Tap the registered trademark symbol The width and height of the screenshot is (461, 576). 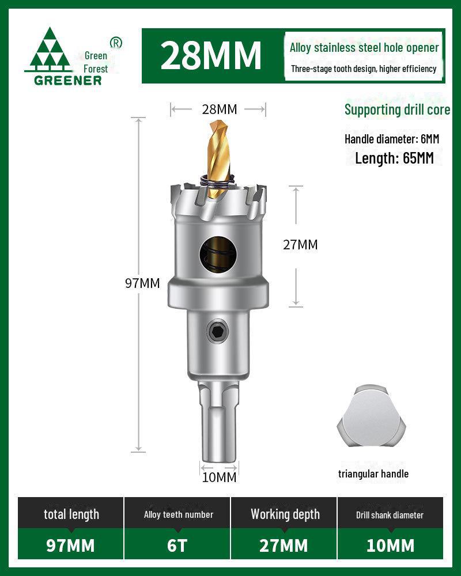pos(116,42)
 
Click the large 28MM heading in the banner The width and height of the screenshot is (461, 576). pos(211,55)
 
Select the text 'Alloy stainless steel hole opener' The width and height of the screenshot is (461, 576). pos(364,48)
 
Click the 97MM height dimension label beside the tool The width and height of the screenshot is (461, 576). pos(142,283)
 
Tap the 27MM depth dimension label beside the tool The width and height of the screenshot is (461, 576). pos(300,244)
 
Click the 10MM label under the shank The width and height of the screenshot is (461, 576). pos(218,477)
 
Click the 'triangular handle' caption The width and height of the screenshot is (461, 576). pos(373,473)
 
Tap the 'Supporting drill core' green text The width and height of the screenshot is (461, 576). pos(397,109)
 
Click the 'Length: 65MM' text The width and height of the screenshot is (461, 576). pos(394,158)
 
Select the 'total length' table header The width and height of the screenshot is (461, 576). pos(71,514)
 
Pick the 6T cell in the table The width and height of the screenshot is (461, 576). pos(177,545)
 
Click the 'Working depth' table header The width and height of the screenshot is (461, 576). pos(285,514)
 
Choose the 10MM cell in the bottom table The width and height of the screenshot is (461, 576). pos(390,545)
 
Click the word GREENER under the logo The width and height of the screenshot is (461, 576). pos(67,80)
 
